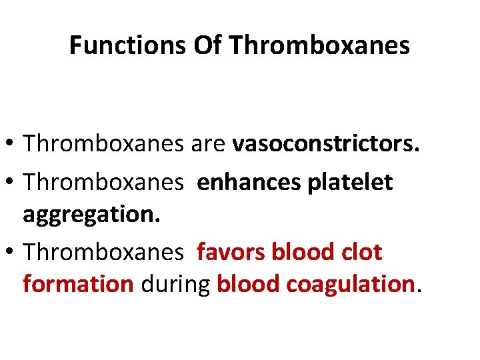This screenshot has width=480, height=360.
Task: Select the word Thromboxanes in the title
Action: click(319, 45)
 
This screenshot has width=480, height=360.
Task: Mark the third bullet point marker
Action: click(13, 252)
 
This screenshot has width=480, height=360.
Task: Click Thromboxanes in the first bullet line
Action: click(103, 143)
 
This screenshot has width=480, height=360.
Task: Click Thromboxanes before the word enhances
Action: click(103, 182)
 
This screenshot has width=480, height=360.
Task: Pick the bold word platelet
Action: click(350, 182)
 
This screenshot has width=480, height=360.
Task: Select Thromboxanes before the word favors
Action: click(103, 252)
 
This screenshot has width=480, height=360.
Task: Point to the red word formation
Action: click(78, 284)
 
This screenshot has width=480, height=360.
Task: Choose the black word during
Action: click(175, 284)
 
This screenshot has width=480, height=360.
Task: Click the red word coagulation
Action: click(351, 284)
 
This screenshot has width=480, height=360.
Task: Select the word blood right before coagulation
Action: click(249, 284)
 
